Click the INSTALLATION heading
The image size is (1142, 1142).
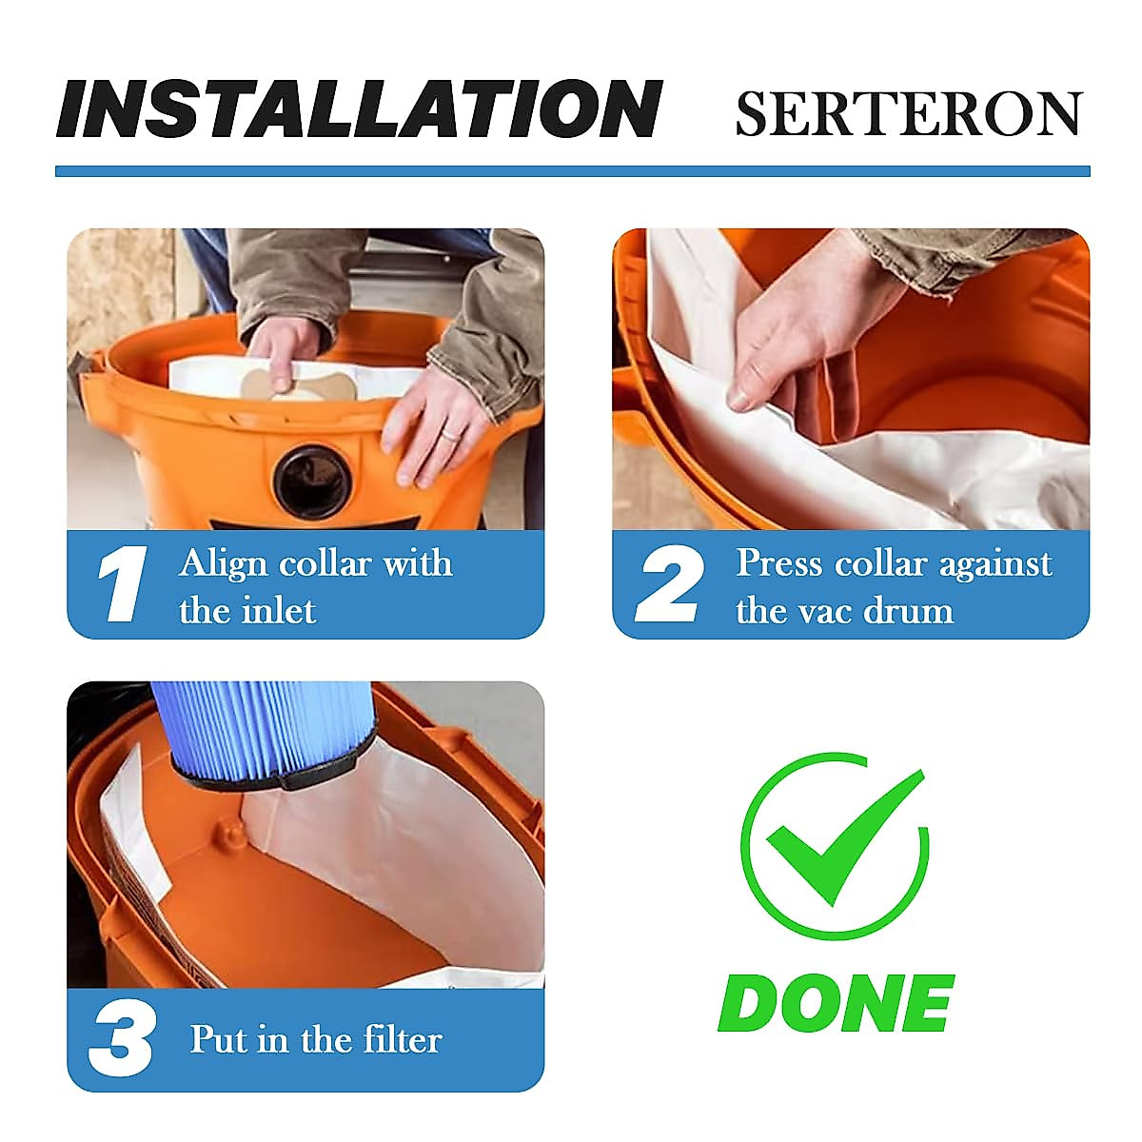pos(359,108)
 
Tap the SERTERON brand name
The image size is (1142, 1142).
pos(908,114)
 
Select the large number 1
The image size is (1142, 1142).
pos(123,584)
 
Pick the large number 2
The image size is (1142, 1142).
pos(670,584)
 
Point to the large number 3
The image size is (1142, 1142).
pos(121,1039)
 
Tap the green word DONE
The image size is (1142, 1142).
pos(836,1003)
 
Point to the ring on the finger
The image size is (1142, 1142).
pos(450,433)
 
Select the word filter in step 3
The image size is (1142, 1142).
pos(396,1039)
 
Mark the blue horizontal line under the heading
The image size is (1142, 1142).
pos(572,171)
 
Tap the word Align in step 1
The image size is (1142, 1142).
pos(224,563)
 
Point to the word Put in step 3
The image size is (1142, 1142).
pos(219,1039)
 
